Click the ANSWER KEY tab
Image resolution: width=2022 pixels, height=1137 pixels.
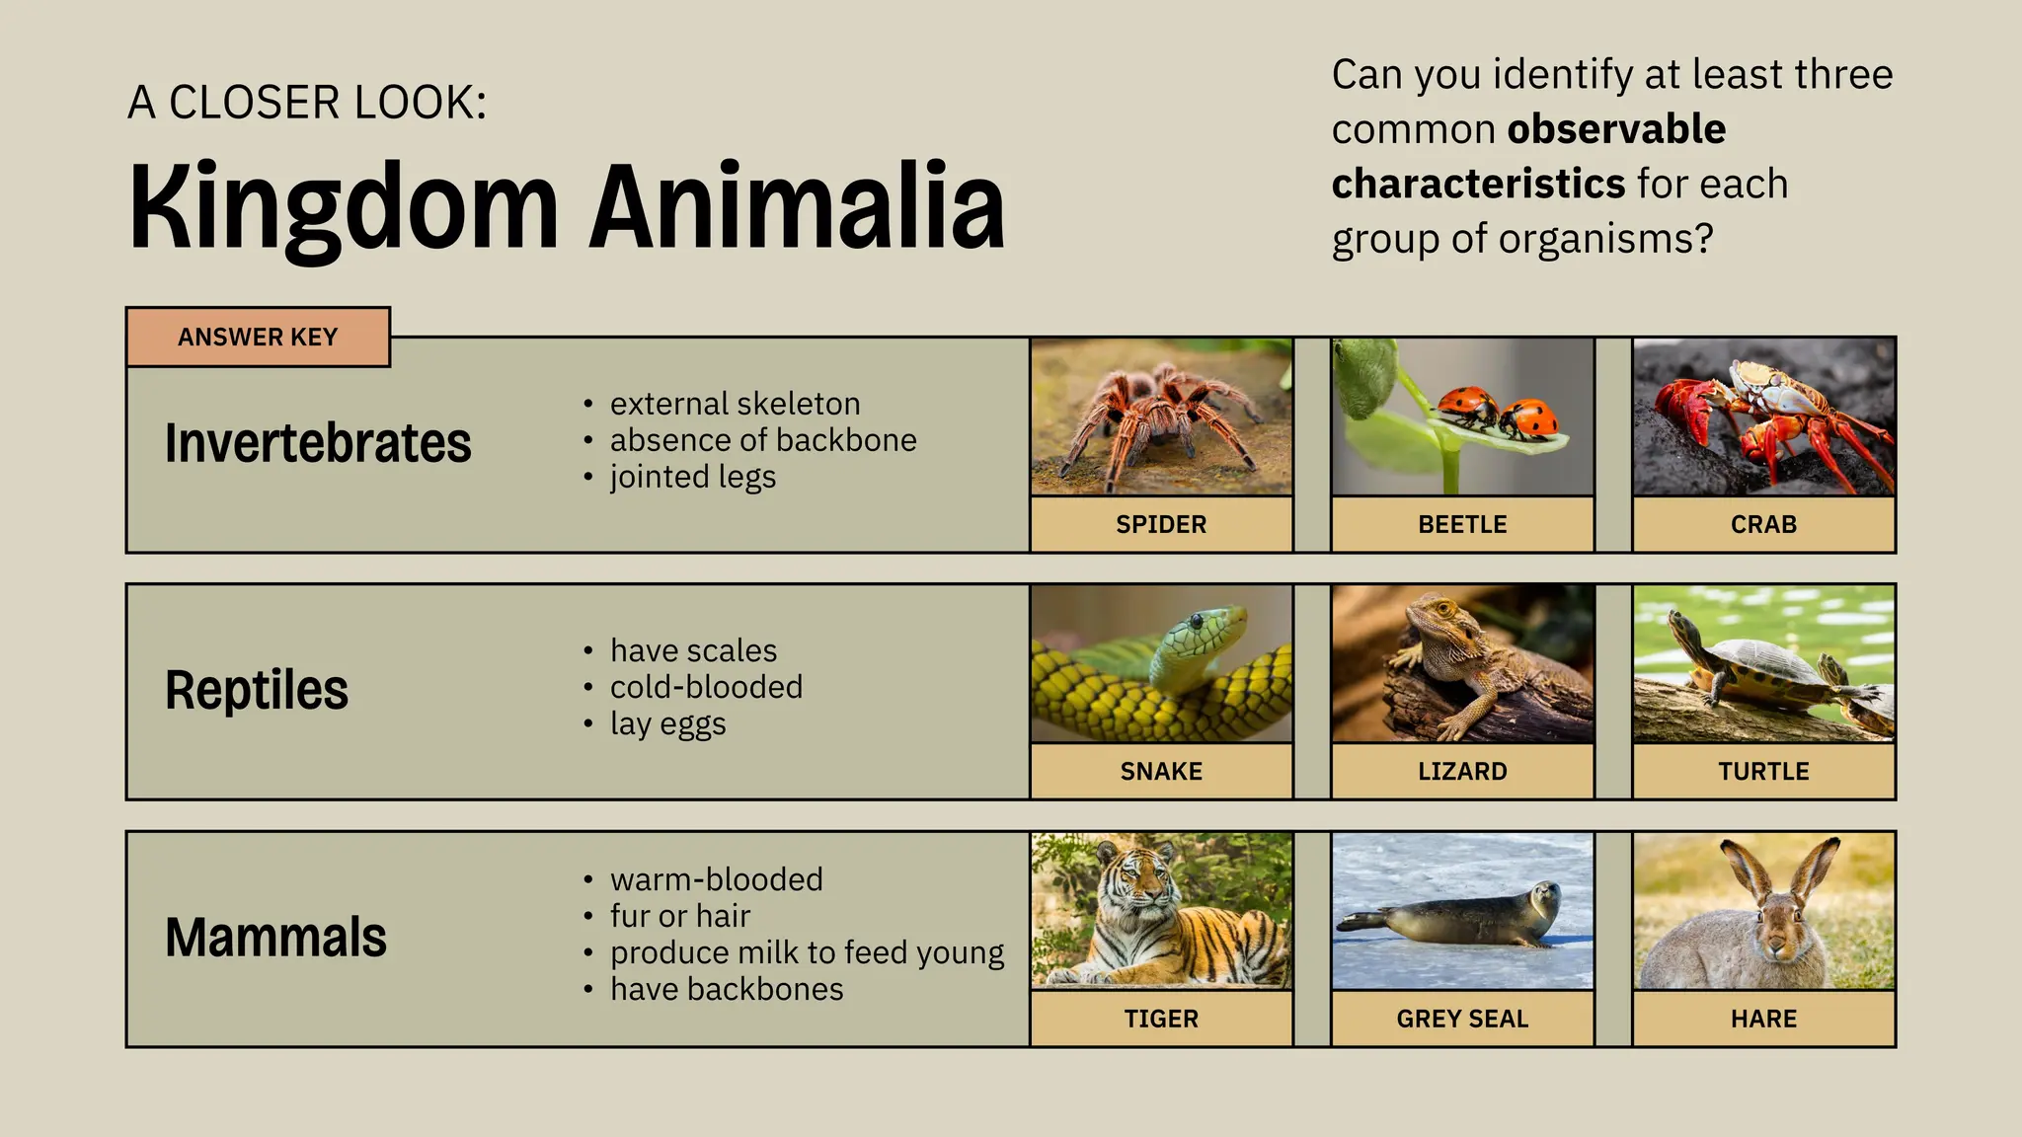tap(258, 338)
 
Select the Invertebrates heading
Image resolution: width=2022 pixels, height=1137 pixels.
tap(318, 443)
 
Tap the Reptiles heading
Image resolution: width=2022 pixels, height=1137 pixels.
tap(257, 690)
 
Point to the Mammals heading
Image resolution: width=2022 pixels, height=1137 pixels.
tap(275, 938)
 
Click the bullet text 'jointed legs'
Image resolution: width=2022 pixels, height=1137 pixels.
tap(692, 477)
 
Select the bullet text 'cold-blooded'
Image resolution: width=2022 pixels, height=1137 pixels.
tap(706, 687)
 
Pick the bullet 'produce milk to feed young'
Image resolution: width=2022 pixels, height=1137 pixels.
tap(807, 952)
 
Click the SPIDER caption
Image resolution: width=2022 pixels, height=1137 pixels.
tap(1161, 524)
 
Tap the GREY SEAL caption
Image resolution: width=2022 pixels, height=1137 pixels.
tap(1462, 1019)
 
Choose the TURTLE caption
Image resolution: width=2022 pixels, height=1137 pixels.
tap(1763, 771)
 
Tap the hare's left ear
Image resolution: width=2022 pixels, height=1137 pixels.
tap(1749, 870)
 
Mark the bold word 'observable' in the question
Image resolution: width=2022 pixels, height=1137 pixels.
tap(1617, 129)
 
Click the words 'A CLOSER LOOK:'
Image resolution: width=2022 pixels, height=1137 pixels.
tap(307, 103)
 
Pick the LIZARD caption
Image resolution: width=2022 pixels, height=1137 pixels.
tap(1462, 771)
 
